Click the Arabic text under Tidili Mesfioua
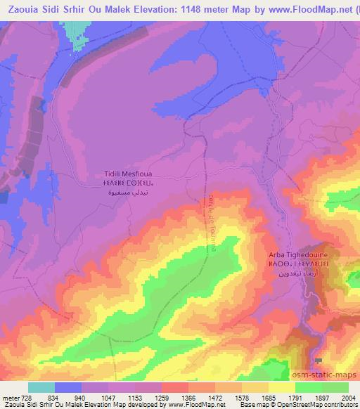(124, 191)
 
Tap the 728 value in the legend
(27, 397)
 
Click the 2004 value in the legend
(347, 397)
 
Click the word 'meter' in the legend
(10, 397)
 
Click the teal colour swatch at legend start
(41, 387)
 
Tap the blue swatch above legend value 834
(68, 387)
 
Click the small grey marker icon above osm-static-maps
(320, 361)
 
